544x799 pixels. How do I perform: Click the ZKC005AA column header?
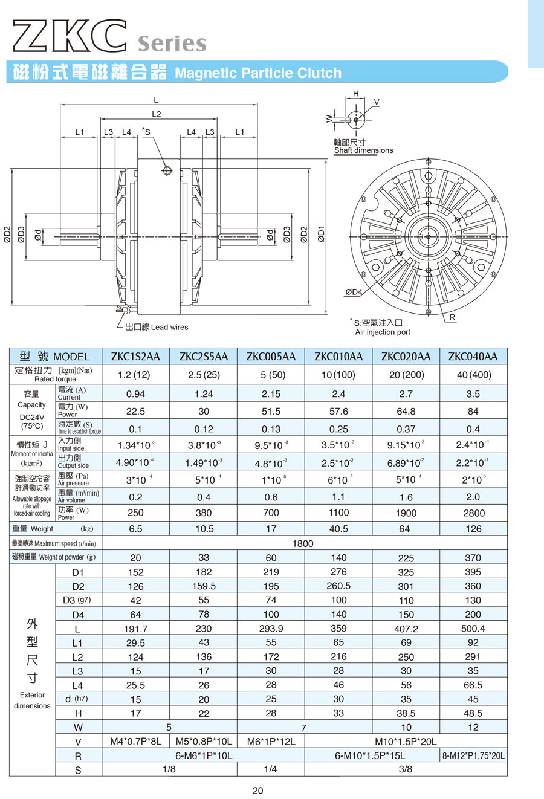pos(271,357)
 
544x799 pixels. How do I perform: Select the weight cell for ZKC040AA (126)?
pos(473,529)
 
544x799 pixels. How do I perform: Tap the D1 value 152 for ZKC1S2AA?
pos(135,572)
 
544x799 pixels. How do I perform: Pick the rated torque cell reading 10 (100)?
pos(338,375)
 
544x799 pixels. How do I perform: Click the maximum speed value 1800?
pos(303,543)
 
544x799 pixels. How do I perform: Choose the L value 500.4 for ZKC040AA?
pos(473,628)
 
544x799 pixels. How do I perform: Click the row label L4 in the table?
pos(77,685)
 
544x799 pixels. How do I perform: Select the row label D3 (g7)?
pos(77,600)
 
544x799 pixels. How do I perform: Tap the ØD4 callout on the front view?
pos(354,292)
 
